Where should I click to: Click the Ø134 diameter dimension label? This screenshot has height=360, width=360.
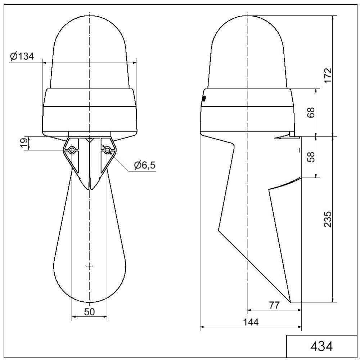pyautogui.click(x=22, y=57)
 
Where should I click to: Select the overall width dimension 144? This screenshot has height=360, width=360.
pyautogui.click(x=251, y=323)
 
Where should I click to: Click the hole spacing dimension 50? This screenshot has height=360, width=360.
pyautogui.click(x=89, y=312)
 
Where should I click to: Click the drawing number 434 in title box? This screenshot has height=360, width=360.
pyautogui.click(x=321, y=346)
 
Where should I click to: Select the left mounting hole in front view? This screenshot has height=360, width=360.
pyautogui.click(x=72, y=150)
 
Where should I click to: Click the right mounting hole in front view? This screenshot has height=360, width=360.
pyautogui.click(x=107, y=150)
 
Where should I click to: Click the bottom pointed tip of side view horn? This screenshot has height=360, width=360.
pyautogui.click(x=290, y=302)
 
